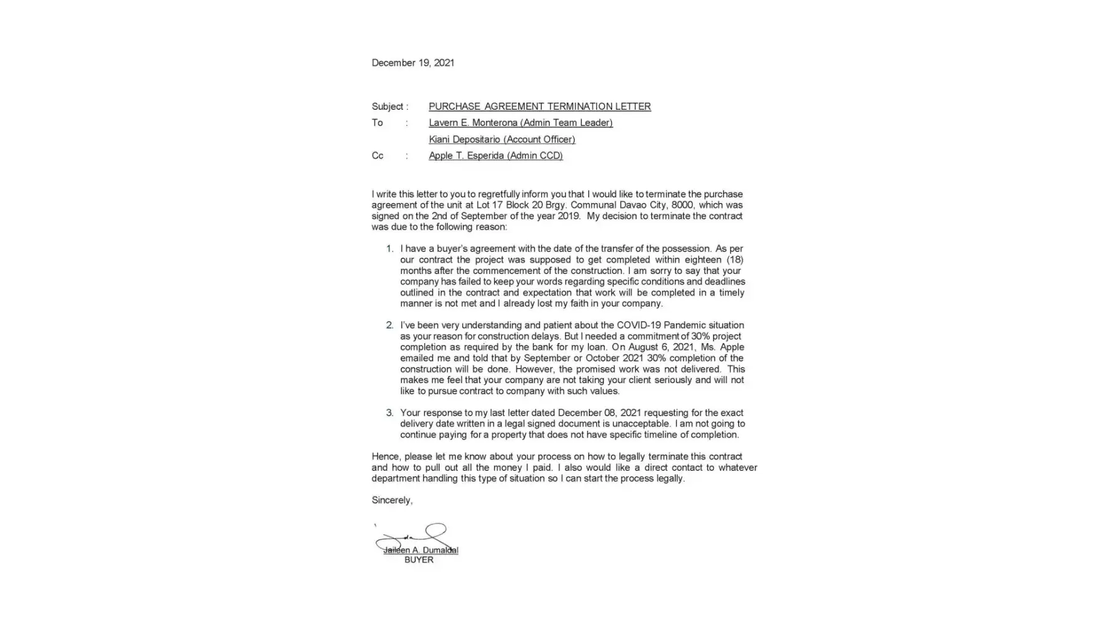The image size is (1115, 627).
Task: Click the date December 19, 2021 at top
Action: [413, 63]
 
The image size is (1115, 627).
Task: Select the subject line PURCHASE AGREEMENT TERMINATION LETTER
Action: [539, 107]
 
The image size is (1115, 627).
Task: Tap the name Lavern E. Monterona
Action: [473, 123]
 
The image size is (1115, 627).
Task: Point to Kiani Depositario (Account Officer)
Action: [502, 139]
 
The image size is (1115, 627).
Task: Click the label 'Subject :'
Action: [389, 107]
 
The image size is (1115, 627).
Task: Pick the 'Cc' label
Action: [378, 155]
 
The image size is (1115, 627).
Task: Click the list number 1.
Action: [389, 249]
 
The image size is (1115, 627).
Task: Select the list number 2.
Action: [389, 325]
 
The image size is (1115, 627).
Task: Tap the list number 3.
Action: [389, 413]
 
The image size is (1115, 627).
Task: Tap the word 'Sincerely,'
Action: [392, 500]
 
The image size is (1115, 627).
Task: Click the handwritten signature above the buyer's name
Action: [417, 537]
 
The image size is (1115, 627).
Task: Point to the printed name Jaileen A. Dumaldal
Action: [421, 551]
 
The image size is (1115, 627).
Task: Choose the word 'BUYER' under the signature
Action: [419, 560]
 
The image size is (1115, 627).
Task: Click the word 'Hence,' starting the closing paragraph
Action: [386, 457]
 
